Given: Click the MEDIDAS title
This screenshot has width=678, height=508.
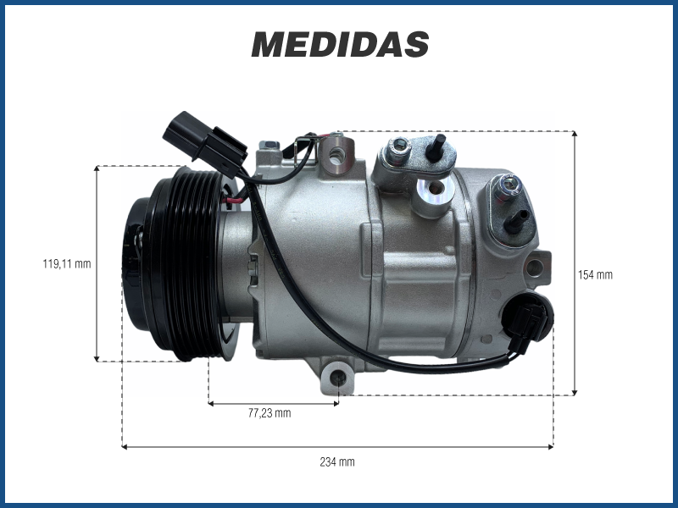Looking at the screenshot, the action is tap(340, 45).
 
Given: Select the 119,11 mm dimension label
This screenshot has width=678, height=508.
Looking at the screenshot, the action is tap(67, 263).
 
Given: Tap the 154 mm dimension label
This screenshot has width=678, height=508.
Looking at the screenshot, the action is tap(596, 274).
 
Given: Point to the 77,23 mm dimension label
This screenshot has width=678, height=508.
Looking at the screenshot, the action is tap(270, 413).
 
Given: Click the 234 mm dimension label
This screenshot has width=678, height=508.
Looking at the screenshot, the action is tap(337, 461).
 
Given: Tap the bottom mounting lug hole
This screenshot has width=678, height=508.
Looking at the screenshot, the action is tap(337, 378).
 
